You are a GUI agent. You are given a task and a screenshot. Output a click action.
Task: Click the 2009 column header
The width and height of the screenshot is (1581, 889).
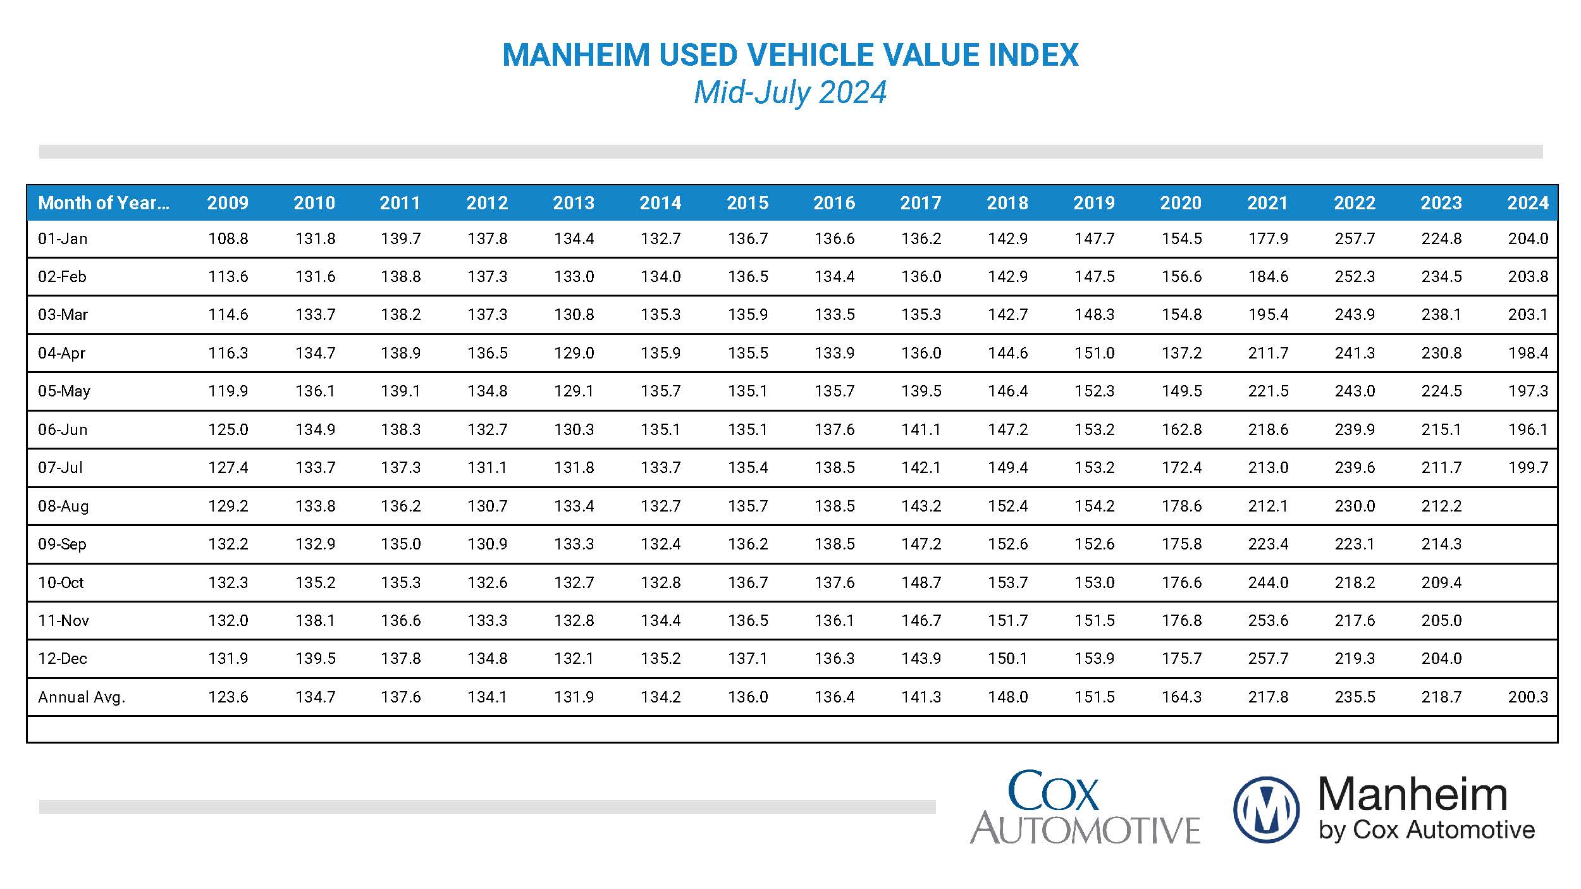tap(228, 203)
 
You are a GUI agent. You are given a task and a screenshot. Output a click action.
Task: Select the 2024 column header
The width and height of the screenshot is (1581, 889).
tap(1527, 203)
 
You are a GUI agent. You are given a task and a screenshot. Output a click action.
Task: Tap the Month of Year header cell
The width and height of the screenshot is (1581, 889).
tap(104, 203)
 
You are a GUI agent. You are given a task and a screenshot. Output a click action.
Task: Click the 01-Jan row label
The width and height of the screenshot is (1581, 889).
tap(63, 239)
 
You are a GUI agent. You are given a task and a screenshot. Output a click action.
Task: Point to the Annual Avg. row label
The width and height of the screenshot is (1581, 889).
tap(82, 697)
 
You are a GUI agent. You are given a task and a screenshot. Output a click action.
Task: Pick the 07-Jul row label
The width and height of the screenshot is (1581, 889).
tap(60, 468)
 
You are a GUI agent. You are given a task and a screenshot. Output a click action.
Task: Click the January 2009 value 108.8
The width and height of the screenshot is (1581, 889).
tap(228, 239)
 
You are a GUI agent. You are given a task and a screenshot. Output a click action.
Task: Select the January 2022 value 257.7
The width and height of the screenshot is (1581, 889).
tap(1354, 239)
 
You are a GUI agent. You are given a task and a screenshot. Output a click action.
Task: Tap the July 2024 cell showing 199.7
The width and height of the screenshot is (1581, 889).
tap(1527, 468)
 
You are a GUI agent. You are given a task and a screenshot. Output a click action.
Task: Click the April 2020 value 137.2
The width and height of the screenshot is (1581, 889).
tap(1181, 353)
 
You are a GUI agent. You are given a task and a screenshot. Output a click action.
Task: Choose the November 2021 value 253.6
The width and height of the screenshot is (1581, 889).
tap(1267, 620)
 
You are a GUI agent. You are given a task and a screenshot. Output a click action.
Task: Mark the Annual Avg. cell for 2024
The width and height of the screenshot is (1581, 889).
tap(1527, 697)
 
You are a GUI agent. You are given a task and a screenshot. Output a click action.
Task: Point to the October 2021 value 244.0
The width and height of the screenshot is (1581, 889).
tap(1267, 582)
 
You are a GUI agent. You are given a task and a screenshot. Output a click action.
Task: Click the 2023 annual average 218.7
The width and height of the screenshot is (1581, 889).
tap(1441, 697)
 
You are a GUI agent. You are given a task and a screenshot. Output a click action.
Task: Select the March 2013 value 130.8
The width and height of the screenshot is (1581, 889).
tap(574, 315)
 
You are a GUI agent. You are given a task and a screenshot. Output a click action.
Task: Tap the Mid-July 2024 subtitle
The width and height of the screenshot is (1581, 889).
tap(790, 92)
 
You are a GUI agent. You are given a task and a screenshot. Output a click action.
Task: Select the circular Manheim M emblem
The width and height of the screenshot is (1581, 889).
tap(1266, 810)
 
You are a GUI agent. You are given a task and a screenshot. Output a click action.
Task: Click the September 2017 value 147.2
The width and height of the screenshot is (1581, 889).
tap(921, 544)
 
